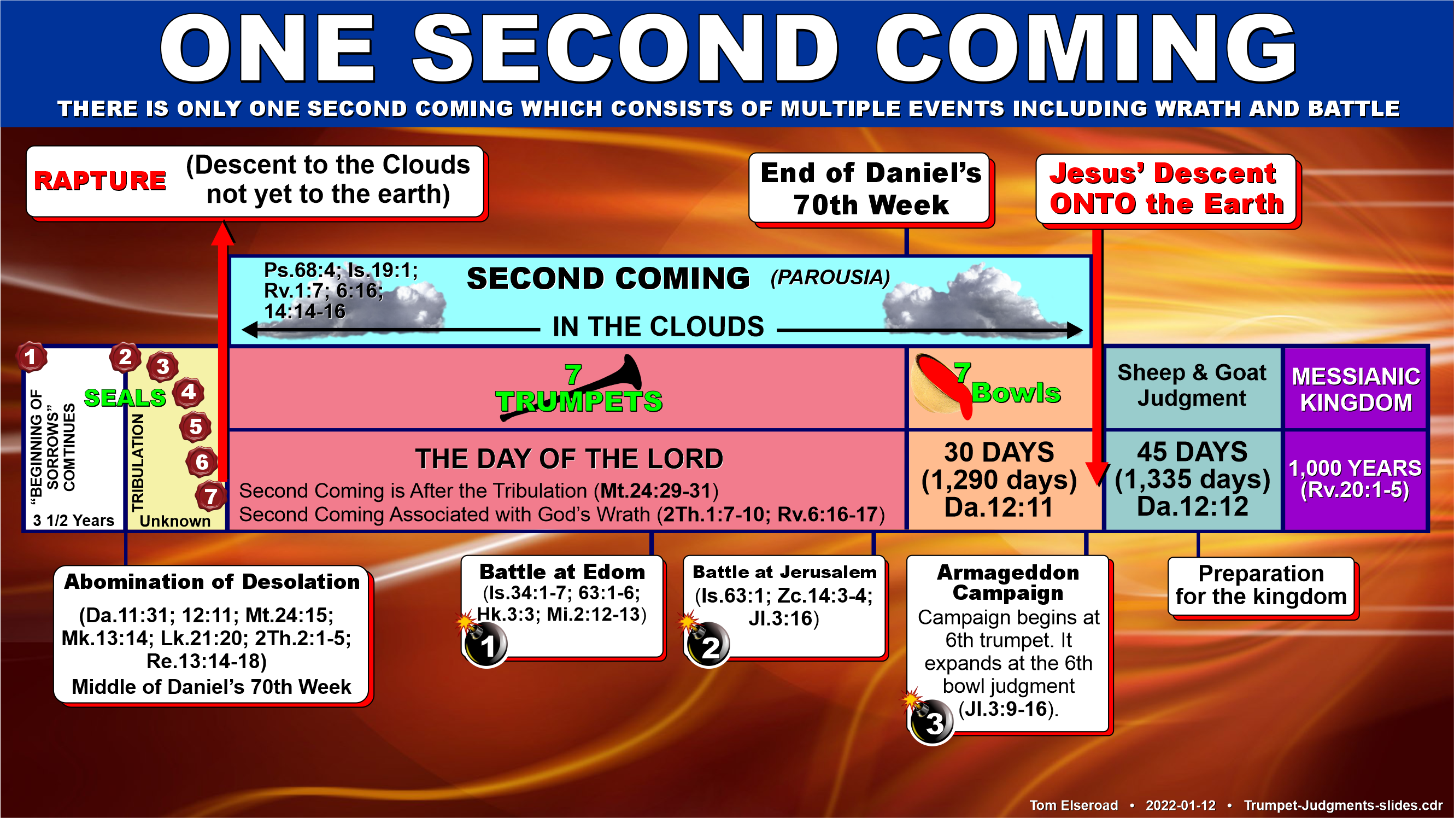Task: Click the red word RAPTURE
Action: tap(100, 180)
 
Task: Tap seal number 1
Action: tap(31, 357)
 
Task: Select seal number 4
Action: tap(189, 393)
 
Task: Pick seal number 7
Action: tap(210, 497)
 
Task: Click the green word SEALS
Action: tap(125, 398)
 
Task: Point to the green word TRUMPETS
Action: tap(579, 401)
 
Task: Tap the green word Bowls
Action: tap(1016, 393)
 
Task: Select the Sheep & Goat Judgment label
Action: tap(1192, 385)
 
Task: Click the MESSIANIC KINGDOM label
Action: tap(1356, 389)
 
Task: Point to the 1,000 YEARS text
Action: tap(1355, 468)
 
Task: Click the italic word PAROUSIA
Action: tap(830, 278)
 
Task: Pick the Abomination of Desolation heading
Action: tap(212, 582)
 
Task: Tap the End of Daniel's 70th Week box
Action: tap(870, 188)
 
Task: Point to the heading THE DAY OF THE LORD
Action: tap(569, 459)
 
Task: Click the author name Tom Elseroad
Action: tap(1073, 805)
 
